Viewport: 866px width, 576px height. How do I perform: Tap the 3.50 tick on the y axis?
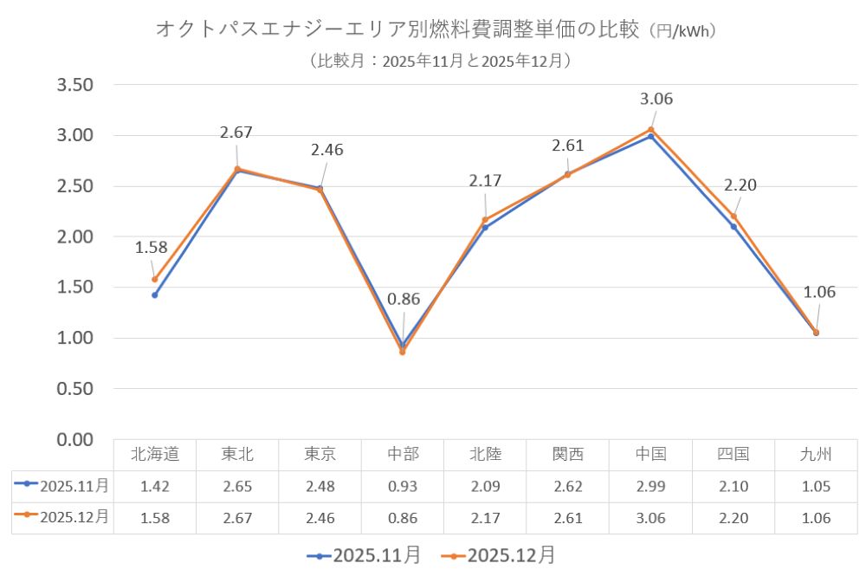(x=74, y=85)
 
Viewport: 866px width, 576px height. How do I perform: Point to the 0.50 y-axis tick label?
(x=74, y=389)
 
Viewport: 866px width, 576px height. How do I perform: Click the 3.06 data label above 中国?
(x=656, y=99)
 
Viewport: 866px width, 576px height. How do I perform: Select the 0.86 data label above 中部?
(x=404, y=300)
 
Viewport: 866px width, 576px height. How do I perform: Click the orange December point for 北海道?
(x=155, y=279)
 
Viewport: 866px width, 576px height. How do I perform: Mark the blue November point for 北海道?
(x=155, y=295)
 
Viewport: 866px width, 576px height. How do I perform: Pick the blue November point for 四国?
(x=734, y=226)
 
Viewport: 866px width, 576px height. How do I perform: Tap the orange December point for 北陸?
(x=485, y=220)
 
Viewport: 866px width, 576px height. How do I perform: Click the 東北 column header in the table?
(x=237, y=454)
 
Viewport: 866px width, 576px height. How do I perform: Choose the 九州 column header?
(x=816, y=454)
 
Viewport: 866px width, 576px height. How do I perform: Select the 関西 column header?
(x=567, y=454)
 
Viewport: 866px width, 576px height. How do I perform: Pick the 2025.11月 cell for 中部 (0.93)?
(x=402, y=486)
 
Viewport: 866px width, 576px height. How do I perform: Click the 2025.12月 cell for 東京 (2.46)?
(x=320, y=518)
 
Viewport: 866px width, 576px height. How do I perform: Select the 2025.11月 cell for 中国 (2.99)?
(x=650, y=486)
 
